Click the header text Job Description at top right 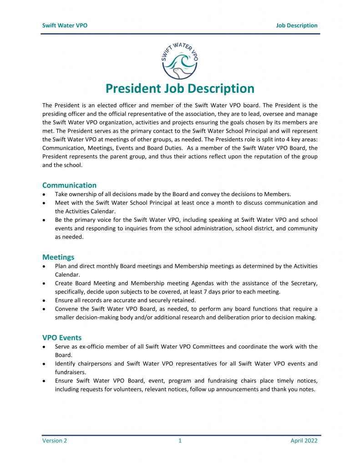(296, 25)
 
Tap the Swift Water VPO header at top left (65, 25)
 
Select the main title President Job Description (180, 88)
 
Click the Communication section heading (69, 185)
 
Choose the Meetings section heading (58, 257)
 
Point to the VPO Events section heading (62, 338)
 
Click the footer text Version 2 (55, 441)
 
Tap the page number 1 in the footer (180, 441)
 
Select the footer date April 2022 (304, 441)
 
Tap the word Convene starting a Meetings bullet (67, 309)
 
